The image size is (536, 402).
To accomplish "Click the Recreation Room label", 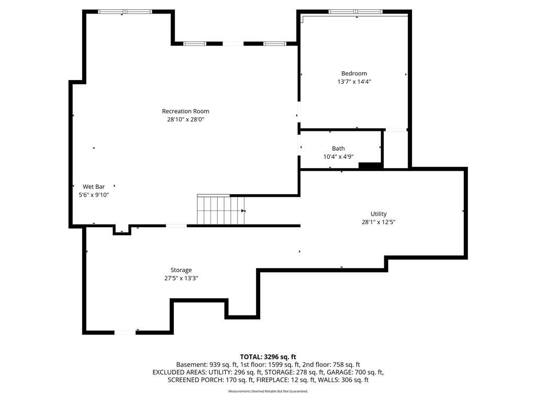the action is pos(186,111).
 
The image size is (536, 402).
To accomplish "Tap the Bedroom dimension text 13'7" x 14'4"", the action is pos(354,82).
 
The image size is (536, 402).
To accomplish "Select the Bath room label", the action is pos(339,148).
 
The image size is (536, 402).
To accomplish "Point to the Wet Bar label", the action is pos(94,187).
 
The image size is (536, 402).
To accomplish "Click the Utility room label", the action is pos(378,214).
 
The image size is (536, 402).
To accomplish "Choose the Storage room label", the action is pos(181,270).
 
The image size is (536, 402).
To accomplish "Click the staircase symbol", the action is pos(221,209).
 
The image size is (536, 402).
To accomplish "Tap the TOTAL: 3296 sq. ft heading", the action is pos(268,357).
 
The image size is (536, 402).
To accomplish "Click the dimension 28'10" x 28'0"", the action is pos(186,119).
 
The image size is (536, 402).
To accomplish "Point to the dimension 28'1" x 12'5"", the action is pos(378,222).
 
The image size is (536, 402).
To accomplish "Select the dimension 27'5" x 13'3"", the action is pos(181,278).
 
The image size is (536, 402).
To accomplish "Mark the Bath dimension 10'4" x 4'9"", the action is pos(339,157).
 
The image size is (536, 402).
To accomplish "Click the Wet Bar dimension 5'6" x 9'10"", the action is pos(94,195).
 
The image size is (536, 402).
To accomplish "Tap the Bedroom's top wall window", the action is pos(355,12).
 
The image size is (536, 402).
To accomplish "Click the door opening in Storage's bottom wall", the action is pos(125,332).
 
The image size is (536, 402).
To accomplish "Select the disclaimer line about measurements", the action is pos(268,391).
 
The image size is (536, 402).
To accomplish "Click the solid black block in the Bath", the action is pos(370,165).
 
